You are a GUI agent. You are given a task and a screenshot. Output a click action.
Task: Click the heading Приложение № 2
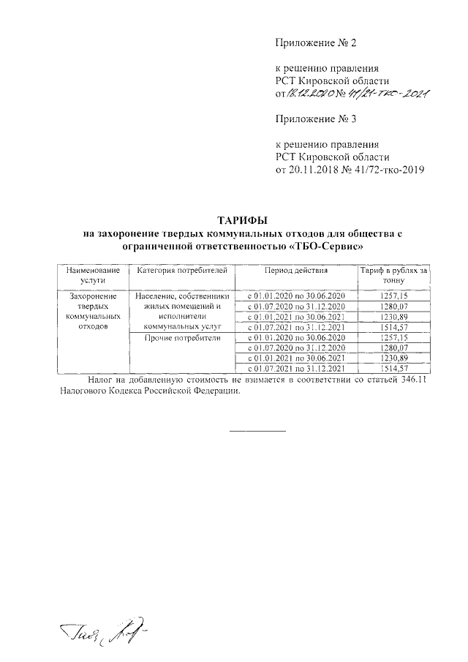point(315,44)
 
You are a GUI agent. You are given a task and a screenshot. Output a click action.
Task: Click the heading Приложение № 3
point(315,119)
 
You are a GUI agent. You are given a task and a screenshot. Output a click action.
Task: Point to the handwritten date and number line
point(358,94)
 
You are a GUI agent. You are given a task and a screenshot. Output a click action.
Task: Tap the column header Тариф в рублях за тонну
point(393,275)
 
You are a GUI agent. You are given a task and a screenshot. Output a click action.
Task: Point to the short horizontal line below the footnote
point(257,429)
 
